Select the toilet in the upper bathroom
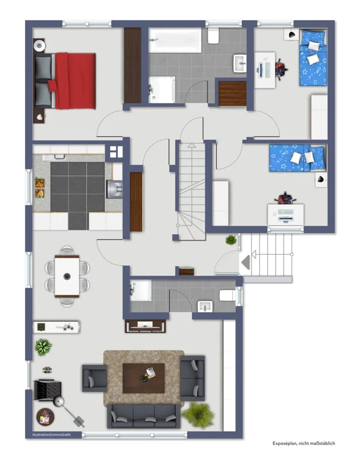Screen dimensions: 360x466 click(x=213, y=36)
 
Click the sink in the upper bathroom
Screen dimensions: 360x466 click(x=240, y=63)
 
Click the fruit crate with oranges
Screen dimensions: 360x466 click(x=40, y=183)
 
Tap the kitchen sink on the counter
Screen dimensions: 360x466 click(x=114, y=189)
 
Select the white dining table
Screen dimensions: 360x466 click(x=67, y=276)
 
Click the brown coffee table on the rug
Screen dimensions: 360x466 click(x=144, y=378)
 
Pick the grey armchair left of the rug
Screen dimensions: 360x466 click(x=95, y=378)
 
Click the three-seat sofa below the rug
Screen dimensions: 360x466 click(x=144, y=416)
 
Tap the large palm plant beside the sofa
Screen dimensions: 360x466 click(x=198, y=415)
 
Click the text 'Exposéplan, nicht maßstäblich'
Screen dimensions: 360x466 click(x=304, y=443)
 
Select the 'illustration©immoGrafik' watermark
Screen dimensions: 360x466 click(x=52, y=435)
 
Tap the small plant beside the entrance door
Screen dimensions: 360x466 click(x=231, y=240)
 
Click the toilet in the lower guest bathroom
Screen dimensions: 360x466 click(x=227, y=295)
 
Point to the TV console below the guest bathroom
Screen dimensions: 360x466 click(x=145, y=326)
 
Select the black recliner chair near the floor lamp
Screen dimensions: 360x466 click(x=47, y=390)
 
